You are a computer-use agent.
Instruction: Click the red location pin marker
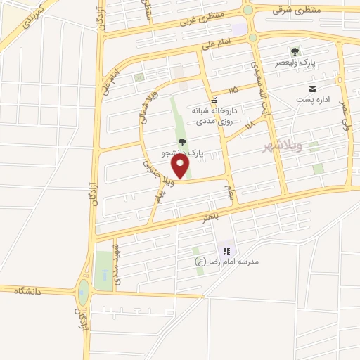pos(181,166)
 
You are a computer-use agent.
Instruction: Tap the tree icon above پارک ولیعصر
pos(295,51)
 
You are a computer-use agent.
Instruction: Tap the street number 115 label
pos(233,90)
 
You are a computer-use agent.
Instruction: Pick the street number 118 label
pos(250,125)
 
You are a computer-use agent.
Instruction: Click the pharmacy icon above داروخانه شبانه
pos(213,101)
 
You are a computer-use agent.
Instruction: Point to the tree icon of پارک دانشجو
pos(183,143)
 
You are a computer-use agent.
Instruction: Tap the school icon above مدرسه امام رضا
pos(226,250)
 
